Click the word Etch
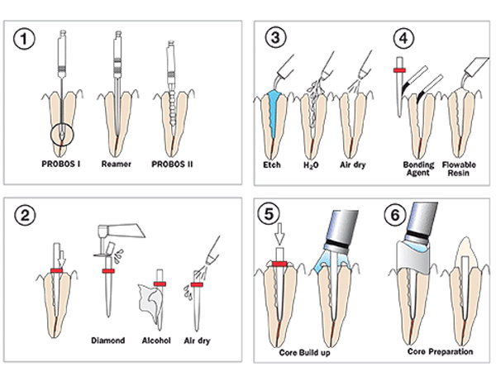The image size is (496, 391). [272, 165]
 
